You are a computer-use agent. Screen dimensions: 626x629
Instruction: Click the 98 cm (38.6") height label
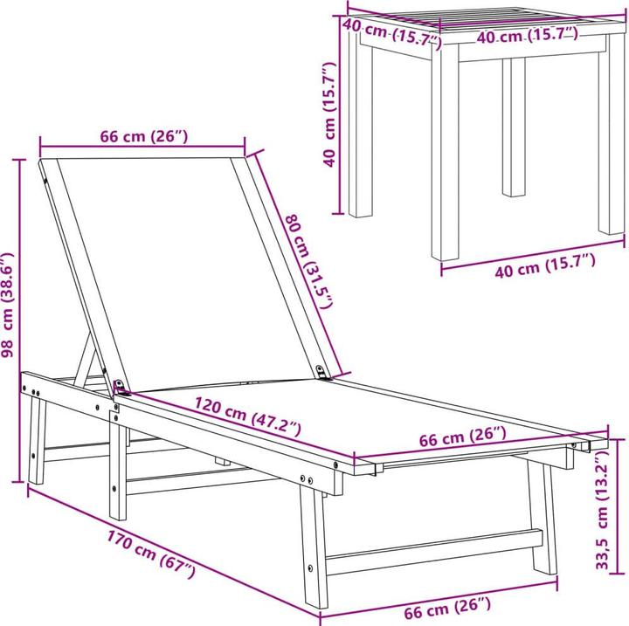tap(8, 306)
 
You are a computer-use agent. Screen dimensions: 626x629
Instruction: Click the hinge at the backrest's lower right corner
tap(326, 372)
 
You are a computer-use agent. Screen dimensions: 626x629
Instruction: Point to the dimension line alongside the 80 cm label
tap(293, 262)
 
